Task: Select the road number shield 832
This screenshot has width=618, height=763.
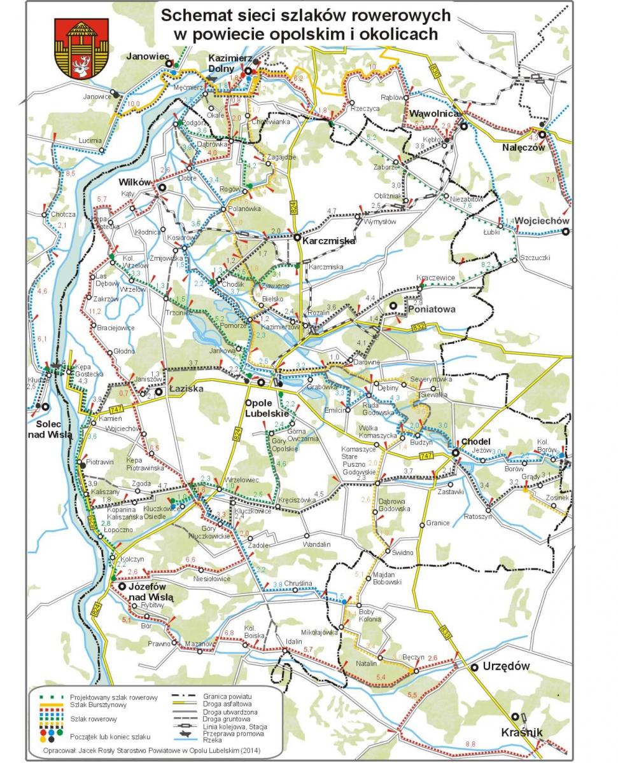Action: coord(418,327)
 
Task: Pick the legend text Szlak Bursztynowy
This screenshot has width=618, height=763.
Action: coord(98,705)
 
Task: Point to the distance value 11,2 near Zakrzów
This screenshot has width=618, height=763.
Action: coord(95,311)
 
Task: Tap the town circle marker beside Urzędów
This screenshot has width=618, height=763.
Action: coord(474,667)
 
